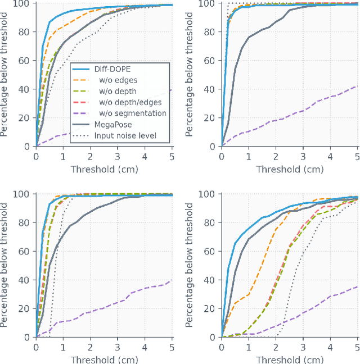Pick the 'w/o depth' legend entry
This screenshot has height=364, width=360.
point(114,91)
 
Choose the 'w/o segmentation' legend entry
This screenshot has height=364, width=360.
point(129,113)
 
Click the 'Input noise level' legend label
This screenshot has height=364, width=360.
point(125,135)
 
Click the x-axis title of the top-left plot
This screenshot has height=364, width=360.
point(104,169)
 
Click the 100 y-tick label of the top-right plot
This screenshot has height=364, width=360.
point(208,3)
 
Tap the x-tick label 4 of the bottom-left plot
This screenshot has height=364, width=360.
point(145,348)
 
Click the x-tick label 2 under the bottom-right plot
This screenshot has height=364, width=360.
point(276,348)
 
